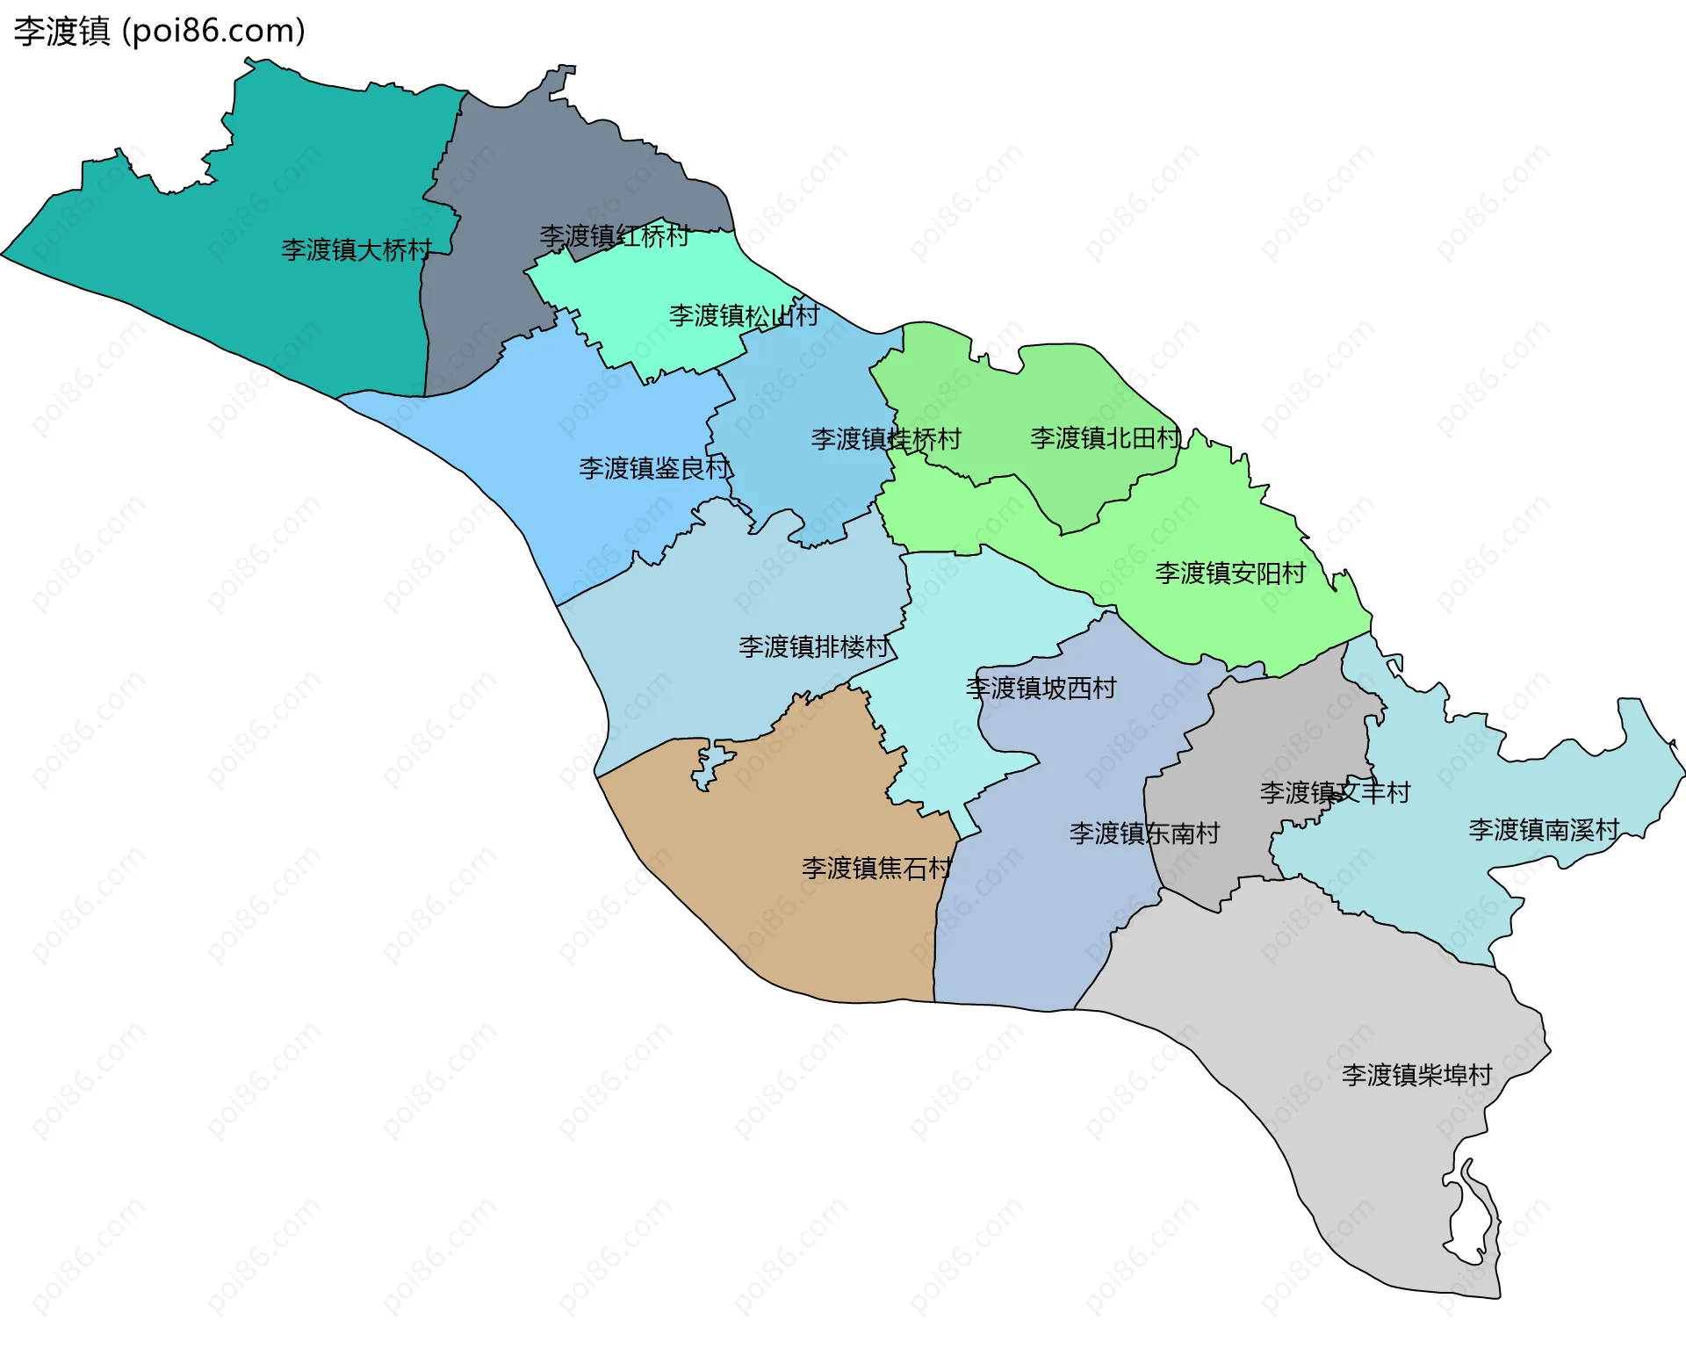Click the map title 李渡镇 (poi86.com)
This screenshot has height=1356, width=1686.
[x=159, y=31]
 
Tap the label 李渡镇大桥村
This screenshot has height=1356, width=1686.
[x=357, y=250]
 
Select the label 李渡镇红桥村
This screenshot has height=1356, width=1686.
[x=614, y=236]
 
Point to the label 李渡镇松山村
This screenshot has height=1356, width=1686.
[x=744, y=315]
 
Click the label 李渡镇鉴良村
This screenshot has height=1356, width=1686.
[x=654, y=468]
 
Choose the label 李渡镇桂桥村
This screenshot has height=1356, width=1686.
[x=886, y=439]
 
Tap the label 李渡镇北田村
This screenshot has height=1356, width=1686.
[x=1105, y=437]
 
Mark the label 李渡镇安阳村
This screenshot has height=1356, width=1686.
[x=1230, y=573]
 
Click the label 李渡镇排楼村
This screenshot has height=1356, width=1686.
[x=814, y=647]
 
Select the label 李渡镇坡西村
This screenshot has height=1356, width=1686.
[x=1041, y=688]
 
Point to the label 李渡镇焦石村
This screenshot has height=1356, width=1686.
[x=876, y=869]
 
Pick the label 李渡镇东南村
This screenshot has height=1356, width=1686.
[x=1144, y=833]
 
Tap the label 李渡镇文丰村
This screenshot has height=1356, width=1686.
[x=1335, y=793]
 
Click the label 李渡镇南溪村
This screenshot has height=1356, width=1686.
[x=1544, y=830]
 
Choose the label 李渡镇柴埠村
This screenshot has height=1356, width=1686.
[x=1416, y=1075]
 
